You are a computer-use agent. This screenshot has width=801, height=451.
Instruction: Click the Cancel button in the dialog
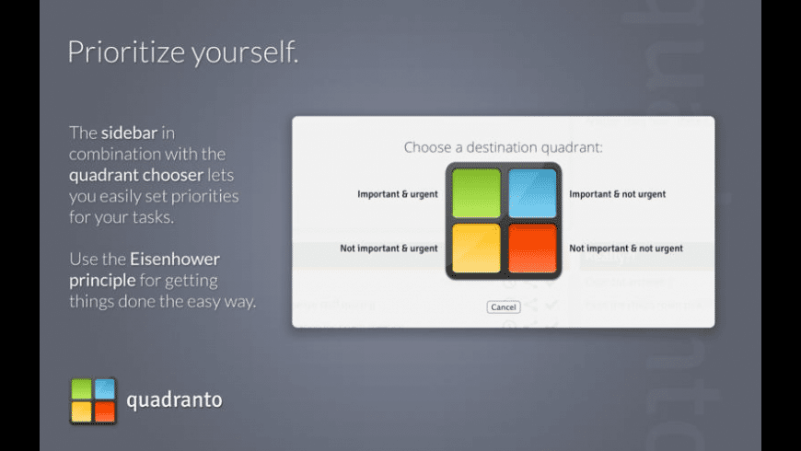(503, 306)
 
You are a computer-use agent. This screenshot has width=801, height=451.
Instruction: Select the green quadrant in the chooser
(476, 193)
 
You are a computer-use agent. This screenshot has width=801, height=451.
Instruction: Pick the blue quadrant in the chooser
(532, 193)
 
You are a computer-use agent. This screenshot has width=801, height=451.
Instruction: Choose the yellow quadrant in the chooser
(476, 249)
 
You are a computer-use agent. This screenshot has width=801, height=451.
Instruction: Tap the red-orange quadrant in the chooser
(532, 249)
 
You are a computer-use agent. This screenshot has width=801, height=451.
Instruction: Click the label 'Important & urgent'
(397, 194)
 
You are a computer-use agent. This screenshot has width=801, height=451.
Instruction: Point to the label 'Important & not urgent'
(617, 194)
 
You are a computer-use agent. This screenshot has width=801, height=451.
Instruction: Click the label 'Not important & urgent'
(389, 249)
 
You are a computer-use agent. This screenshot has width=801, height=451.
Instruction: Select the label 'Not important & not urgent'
(625, 249)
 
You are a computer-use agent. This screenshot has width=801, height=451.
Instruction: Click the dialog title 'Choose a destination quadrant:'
(503, 146)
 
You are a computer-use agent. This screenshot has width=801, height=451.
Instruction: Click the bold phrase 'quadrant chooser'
(135, 175)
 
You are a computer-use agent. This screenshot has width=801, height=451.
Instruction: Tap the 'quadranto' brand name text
(174, 400)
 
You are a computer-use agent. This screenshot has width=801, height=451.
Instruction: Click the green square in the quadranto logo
(82, 389)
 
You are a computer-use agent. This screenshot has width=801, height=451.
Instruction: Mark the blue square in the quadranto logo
(105, 389)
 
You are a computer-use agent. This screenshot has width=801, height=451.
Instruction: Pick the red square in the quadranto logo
(105, 411)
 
